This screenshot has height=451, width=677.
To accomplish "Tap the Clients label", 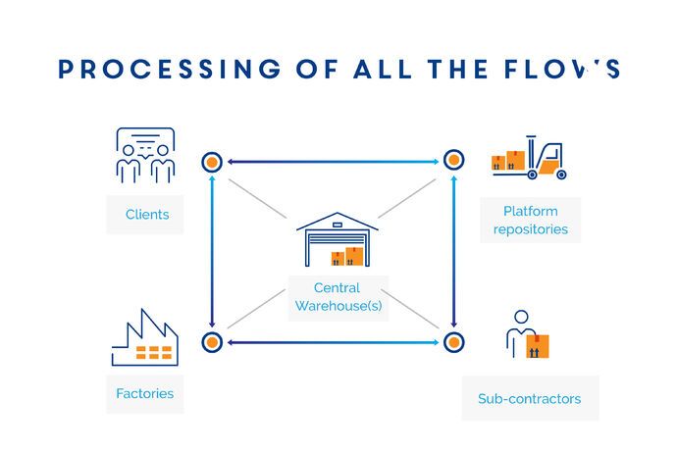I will (x=147, y=214).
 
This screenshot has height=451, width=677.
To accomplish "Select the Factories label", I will (x=144, y=393).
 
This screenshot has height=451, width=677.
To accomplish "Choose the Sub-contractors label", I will (x=529, y=399).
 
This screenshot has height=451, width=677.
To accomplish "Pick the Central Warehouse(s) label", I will (x=337, y=296).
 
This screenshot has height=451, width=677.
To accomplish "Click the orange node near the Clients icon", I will (x=212, y=162).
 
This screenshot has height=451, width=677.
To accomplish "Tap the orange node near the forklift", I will (x=453, y=160).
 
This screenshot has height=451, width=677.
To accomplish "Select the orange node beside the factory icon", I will (x=212, y=342).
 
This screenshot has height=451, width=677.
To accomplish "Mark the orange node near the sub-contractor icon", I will (x=453, y=342).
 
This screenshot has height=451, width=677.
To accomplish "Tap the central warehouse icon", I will (x=337, y=240).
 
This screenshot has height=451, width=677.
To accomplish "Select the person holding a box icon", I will (x=527, y=336).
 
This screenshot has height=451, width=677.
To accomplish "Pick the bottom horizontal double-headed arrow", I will (x=333, y=342).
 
